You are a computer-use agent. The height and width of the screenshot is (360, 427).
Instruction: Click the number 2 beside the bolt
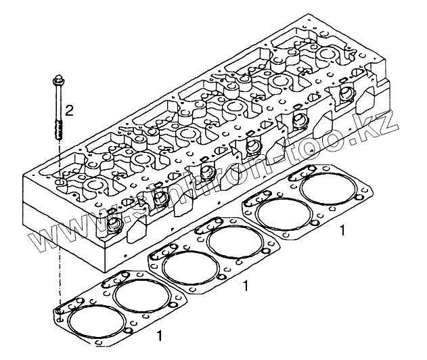click(69, 108)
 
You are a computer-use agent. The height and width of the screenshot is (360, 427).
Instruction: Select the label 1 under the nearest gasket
click(159, 334)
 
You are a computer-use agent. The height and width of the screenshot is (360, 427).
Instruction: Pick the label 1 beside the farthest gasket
click(342, 231)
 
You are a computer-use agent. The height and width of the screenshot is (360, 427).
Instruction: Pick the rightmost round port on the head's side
click(346, 93)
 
